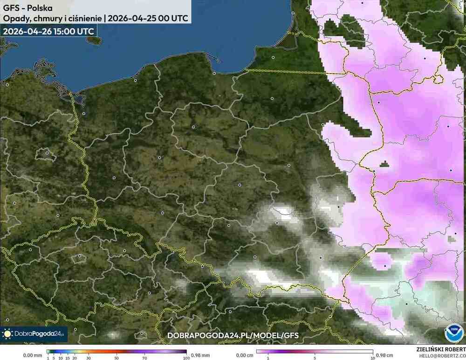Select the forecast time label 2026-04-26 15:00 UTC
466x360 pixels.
click(x=48, y=31)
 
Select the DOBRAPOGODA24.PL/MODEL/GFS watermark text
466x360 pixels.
click(x=233, y=335)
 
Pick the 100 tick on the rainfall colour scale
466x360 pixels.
click(x=186, y=357)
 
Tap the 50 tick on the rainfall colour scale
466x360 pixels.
click(x=117, y=357)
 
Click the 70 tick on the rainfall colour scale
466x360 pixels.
click(x=145, y=357)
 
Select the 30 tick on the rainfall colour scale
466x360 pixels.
click(x=89, y=357)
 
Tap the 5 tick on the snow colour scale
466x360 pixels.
click(x=315, y=357)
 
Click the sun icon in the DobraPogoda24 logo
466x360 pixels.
click(x=7, y=334)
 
